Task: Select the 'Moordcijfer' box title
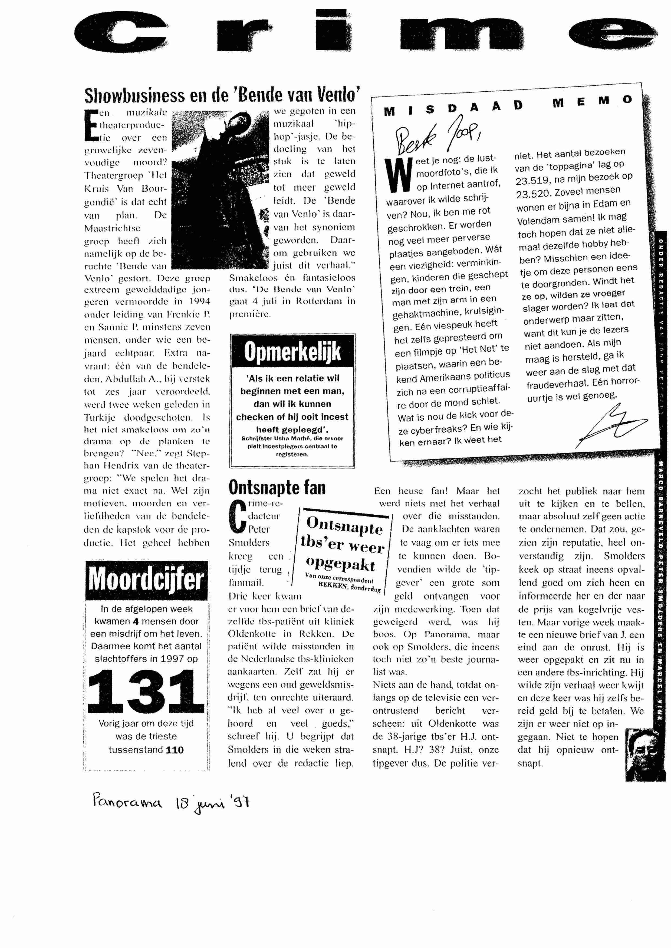tap(146, 580)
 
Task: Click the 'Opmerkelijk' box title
tap(292, 352)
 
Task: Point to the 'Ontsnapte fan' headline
tap(277, 488)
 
